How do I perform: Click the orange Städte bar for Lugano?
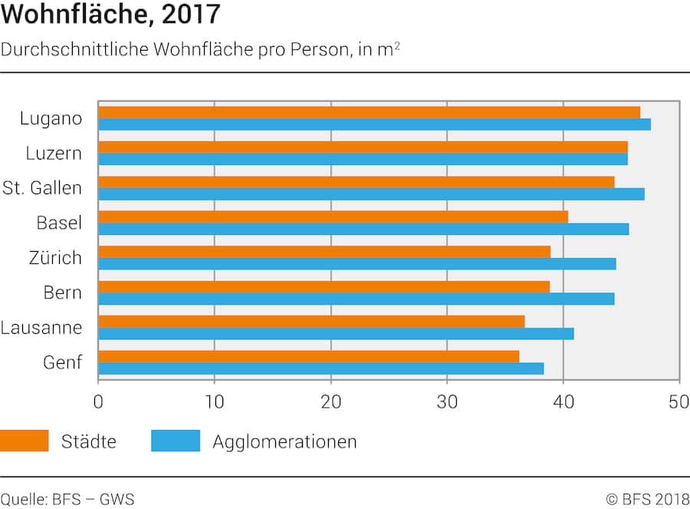click(x=368, y=113)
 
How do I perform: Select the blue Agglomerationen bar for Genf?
click(x=320, y=369)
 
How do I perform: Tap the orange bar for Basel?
click(x=333, y=217)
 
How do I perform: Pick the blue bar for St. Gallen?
click(x=371, y=194)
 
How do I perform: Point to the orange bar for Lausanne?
click(x=311, y=321)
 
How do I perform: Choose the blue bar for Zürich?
click(x=356, y=264)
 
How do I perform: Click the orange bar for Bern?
click(x=324, y=286)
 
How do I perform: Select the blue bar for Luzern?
click(x=363, y=160)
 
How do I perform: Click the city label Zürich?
click(x=51, y=258)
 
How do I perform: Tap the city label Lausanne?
click(x=41, y=328)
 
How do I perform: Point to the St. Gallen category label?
click(x=42, y=188)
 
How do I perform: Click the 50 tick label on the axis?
click(x=678, y=401)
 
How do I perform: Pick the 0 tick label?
click(x=98, y=401)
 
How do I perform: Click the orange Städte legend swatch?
click(x=25, y=441)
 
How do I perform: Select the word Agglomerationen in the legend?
click(x=284, y=442)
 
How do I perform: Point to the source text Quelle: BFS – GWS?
click(x=67, y=500)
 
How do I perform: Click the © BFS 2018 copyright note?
click(x=647, y=500)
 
